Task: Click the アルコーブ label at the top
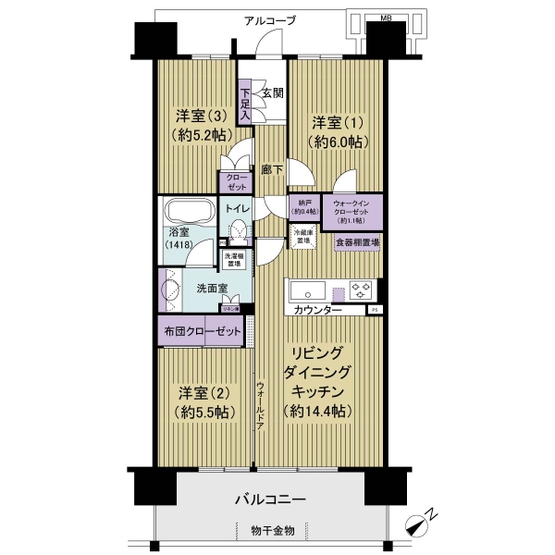pyautogui.click(x=270, y=20)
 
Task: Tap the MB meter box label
pyautogui.click(x=385, y=17)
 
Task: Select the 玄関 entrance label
pyautogui.click(x=270, y=92)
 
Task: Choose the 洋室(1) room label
pyautogui.click(x=338, y=132)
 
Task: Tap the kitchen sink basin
pyautogui.click(x=306, y=288)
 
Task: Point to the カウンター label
pyautogui.click(x=319, y=310)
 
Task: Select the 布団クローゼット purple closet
pyautogui.click(x=203, y=330)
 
